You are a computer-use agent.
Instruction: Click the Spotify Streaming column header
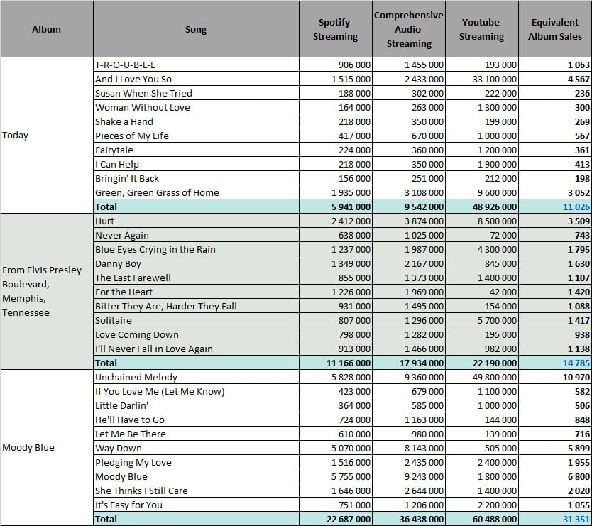tap(335, 29)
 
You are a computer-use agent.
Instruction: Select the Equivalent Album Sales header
tap(555, 29)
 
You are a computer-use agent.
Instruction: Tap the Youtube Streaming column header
tap(481, 29)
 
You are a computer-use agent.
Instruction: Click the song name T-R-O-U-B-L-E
tap(126, 65)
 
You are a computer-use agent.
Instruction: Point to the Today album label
tap(15, 135)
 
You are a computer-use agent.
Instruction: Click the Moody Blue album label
tap(28, 447)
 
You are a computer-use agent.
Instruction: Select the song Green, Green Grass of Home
tap(157, 192)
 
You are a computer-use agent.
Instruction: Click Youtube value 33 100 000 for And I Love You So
tap(495, 80)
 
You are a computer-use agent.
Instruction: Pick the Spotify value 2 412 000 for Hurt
tap(351, 221)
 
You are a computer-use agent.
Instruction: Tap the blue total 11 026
tap(576, 207)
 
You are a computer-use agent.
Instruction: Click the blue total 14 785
tap(576, 363)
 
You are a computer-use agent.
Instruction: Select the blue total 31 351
tap(576, 519)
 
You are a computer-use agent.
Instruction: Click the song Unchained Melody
tap(136, 377)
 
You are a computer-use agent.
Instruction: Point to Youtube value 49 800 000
tap(495, 377)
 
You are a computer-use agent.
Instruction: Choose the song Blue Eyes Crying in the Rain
tap(155, 250)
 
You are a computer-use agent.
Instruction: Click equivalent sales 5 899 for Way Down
tap(579, 448)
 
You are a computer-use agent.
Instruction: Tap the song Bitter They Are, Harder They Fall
tap(166, 306)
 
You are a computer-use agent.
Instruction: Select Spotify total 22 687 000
tap(349, 519)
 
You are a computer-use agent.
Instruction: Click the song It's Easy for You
tap(128, 505)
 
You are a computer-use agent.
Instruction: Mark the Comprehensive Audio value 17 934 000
tap(422, 363)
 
